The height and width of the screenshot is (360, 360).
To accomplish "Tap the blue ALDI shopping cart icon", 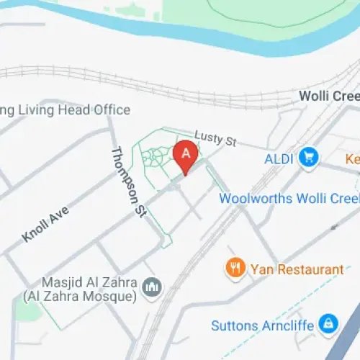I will [x=310, y=156].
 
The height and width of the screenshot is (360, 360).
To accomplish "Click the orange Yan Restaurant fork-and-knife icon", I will [x=235, y=269].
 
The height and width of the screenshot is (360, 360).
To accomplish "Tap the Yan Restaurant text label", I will [x=297, y=270].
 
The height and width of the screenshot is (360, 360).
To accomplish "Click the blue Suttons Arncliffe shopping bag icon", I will [x=328, y=323].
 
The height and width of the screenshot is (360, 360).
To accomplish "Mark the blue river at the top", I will [x=144, y=25].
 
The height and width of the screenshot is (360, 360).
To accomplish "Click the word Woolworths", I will [x=256, y=198].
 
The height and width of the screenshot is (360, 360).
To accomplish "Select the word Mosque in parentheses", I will [x=109, y=296].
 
